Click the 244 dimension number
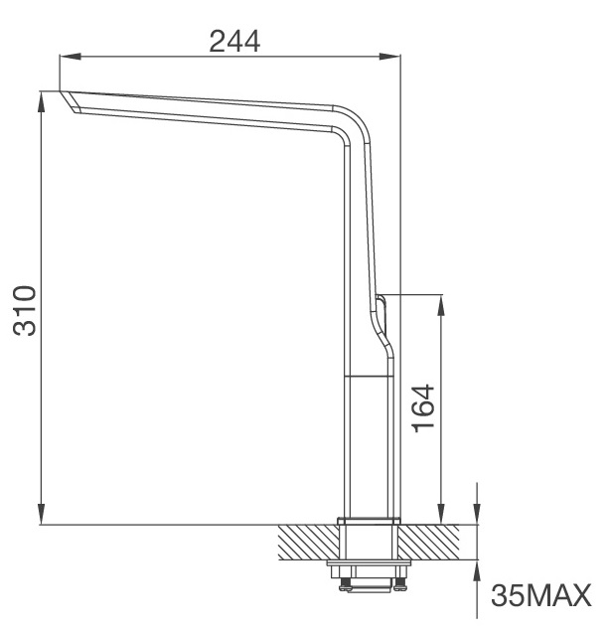coord(234,41)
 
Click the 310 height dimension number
coord(25,310)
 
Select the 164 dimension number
coord(422,408)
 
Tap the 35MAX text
coord(540,596)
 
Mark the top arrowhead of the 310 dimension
coord(42,100)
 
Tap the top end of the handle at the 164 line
coord(381,297)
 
